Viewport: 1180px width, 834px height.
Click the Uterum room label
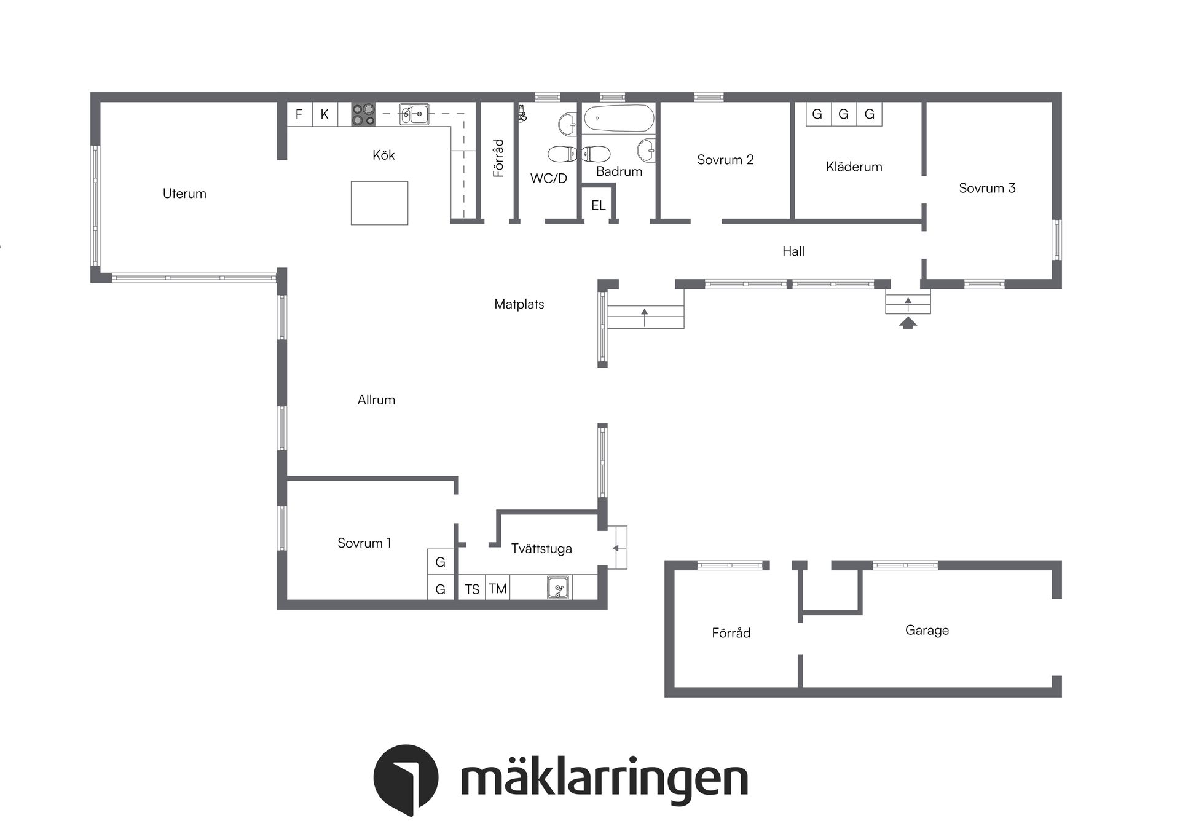point(184,194)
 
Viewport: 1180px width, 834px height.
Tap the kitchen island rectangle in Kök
point(379,203)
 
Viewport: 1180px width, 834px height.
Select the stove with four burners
point(363,114)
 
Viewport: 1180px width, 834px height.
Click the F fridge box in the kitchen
point(299,114)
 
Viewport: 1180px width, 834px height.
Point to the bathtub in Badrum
point(618,118)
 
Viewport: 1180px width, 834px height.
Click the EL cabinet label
point(598,205)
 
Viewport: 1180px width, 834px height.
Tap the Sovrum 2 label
point(725,160)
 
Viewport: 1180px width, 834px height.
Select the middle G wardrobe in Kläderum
point(843,114)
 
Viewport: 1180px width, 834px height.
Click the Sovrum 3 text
point(987,188)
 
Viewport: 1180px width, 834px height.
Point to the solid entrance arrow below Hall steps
point(908,323)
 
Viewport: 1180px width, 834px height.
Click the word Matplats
point(519,304)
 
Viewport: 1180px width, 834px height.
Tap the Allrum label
point(376,400)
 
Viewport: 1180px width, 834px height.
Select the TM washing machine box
point(497,589)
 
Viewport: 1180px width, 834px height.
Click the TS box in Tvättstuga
point(472,589)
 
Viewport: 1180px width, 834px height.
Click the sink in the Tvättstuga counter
point(558,588)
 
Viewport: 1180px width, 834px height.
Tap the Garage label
point(927,630)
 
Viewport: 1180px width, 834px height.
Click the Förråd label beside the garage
point(731,633)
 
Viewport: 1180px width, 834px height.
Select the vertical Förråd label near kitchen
point(498,158)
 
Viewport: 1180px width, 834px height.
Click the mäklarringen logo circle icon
point(406,778)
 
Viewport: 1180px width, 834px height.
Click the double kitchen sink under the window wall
point(414,114)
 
